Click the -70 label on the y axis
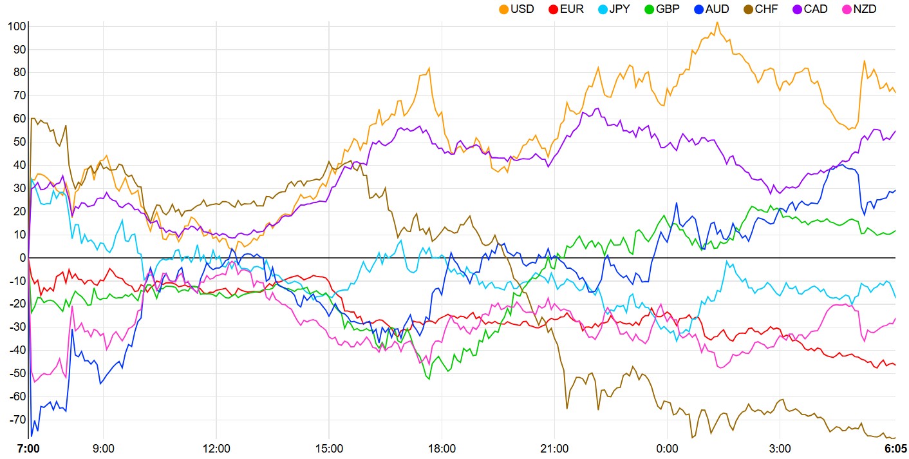14,420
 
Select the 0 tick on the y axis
22,258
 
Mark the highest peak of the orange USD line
717,23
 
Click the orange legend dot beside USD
504,10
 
